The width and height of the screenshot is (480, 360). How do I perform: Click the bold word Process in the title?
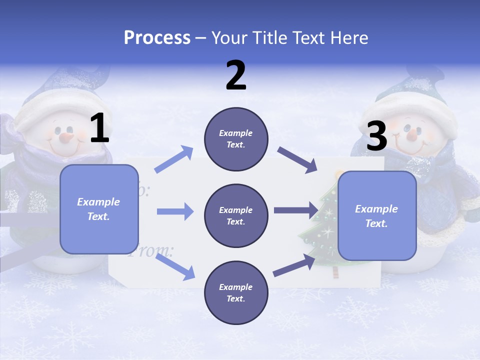click(x=157, y=38)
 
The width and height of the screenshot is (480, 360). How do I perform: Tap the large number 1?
click(x=99, y=128)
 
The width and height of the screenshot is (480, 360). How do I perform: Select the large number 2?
click(x=236, y=75)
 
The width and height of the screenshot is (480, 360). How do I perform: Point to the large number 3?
click(x=376, y=136)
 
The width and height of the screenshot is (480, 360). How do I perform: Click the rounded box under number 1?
click(x=99, y=209)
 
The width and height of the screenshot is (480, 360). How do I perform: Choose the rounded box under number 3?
click(x=377, y=215)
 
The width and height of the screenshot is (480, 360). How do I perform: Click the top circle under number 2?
click(x=236, y=138)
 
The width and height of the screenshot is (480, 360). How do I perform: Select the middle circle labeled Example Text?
click(x=236, y=215)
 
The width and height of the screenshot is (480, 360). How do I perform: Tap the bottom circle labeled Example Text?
click(x=236, y=292)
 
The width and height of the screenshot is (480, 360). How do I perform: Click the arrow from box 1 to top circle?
click(x=174, y=159)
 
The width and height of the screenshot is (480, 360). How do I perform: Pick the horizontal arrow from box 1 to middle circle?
click(x=174, y=211)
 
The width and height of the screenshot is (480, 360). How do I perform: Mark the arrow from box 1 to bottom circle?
click(x=175, y=266)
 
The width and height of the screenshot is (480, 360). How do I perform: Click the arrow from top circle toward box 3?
click(x=297, y=160)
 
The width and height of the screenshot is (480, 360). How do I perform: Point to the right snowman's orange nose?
click(x=411, y=134)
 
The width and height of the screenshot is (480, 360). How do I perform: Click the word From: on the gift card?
click(x=150, y=250)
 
